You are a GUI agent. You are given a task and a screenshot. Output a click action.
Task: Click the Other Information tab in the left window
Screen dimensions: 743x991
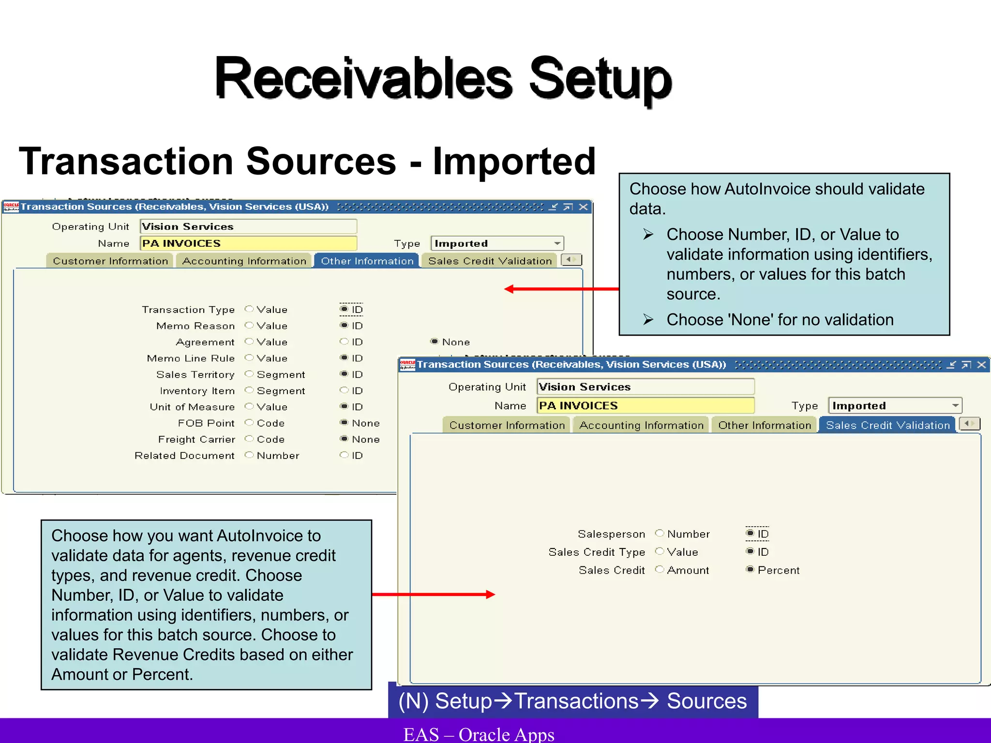pyautogui.click(x=367, y=261)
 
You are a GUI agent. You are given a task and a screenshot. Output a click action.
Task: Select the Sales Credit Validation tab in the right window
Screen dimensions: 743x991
pyautogui.click(x=887, y=425)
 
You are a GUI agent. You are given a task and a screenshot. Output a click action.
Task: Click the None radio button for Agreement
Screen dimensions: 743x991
pyautogui.click(x=434, y=342)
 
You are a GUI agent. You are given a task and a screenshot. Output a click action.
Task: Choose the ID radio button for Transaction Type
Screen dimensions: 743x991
pyautogui.click(x=344, y=309)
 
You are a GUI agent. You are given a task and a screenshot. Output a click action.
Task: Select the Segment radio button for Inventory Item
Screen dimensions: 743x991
pyautogui.click(x=249, y=390)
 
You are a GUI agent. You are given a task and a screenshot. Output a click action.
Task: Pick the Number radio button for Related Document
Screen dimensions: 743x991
pyautogui.click(x=249, y=455)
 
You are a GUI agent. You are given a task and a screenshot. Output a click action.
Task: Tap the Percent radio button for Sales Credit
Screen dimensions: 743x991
pyautogui.click(x=750, y=570)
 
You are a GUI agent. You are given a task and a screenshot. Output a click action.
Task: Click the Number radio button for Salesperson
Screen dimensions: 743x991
pyautogui.click(x=659, y=534)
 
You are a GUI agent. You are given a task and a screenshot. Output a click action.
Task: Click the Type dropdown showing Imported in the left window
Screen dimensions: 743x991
pyautogui.click(x=497, y=243)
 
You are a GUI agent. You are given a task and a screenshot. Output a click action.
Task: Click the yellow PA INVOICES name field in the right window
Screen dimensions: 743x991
pyautogui.click(x=645, y=405)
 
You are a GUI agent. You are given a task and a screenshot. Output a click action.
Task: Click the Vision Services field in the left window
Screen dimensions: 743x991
pyautogui.click(x=248, y=226)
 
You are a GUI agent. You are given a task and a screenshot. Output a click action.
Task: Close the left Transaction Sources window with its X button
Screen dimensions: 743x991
pyautogui.click(x=584, y=207)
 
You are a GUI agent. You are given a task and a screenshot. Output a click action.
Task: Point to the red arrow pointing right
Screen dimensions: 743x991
pyautogui.click(x=433, y=594)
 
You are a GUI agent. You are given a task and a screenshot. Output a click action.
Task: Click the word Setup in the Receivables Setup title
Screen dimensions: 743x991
pyautogui.click(x=600, y=78)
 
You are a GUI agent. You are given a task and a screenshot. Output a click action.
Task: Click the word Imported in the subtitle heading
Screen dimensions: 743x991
pyautogui.click(x=514, y=161)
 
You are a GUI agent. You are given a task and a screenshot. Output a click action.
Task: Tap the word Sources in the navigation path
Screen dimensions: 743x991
pyautogui.click(x=706, y=701)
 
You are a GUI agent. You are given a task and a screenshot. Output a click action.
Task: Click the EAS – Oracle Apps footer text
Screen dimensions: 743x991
pyautogui.click(x=479, y=734)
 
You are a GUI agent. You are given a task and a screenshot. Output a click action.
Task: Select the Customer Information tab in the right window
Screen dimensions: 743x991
pyautogui.click(x=507, y=425)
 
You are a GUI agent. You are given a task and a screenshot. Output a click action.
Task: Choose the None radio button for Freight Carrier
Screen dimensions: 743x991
pyautogui.click(x=344, y=439)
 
